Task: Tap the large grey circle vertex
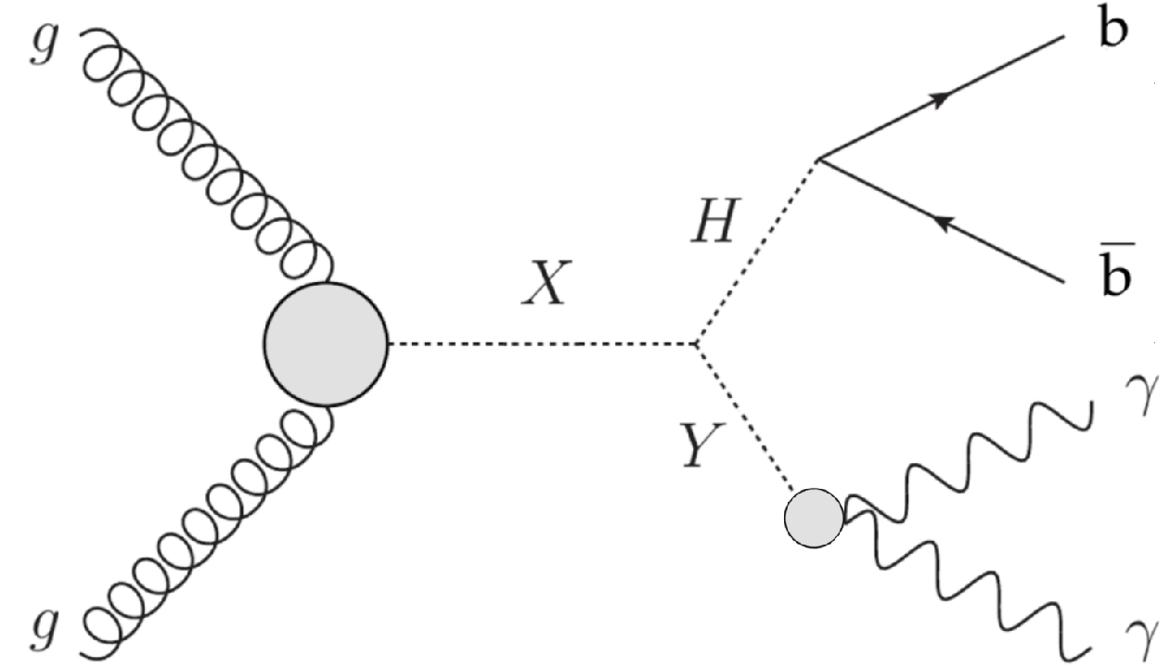click(x=325, y=344)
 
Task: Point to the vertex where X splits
click(x=697, y=345)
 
